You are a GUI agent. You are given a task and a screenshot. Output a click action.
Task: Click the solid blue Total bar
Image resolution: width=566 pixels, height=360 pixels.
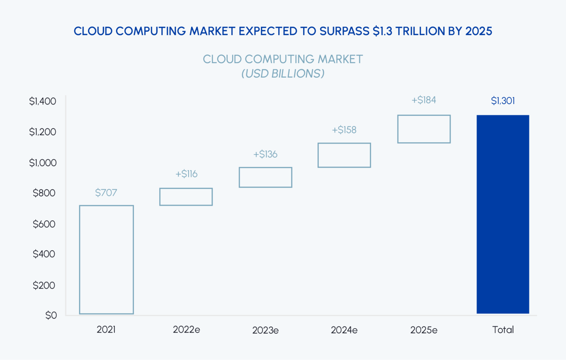(x=502, y=214)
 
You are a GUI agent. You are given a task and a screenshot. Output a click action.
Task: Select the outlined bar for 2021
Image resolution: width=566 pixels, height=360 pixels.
(x=106, y=260)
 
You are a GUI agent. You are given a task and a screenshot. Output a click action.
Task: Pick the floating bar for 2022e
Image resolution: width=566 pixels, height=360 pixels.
(x=186, y=197)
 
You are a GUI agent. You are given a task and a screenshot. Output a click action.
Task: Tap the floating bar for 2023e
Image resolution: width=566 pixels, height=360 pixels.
(x=265, y=177)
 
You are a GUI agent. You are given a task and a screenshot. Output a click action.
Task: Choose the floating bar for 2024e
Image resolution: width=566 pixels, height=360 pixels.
(x=344, y=155)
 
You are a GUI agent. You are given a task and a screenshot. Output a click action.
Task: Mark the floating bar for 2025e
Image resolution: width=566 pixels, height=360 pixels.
(x=424, y=129)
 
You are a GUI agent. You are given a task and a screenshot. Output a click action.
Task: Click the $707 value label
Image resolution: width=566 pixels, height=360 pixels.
(x=106, y=192)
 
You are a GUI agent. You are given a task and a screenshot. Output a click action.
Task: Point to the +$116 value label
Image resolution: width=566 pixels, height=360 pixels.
(x=186, y=174)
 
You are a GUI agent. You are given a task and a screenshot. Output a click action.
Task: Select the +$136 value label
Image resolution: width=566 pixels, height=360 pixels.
(x=265, y=154)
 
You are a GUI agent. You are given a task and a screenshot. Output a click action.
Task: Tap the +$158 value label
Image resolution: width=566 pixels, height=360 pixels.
(x=344, y=130)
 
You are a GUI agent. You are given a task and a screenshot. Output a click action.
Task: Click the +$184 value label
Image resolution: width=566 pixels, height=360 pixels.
(x=424, y=100)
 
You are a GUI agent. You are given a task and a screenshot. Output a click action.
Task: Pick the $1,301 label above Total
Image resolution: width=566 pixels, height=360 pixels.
(x=503, y=101)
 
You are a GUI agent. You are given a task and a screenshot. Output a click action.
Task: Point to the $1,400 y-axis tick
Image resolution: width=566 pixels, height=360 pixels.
(x=43, y=101)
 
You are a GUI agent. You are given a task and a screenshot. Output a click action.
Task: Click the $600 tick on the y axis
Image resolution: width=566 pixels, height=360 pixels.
(x=44, y=224)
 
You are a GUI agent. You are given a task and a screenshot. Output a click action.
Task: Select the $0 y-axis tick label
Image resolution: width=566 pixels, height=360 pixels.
(x=51, y=315)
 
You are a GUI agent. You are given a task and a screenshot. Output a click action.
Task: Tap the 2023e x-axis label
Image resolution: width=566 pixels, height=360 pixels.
(x=265, y=330)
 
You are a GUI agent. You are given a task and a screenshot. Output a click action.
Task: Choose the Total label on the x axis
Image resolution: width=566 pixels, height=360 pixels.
(x=503, y=330)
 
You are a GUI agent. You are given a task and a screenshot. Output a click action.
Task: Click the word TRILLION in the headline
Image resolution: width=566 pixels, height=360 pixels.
(x=420, y=31)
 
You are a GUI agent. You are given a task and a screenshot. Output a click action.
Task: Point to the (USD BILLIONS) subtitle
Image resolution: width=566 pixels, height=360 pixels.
(x=283, y=74)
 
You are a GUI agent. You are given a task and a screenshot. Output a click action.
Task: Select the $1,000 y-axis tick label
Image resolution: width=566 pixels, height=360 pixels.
(x=43, y=162)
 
